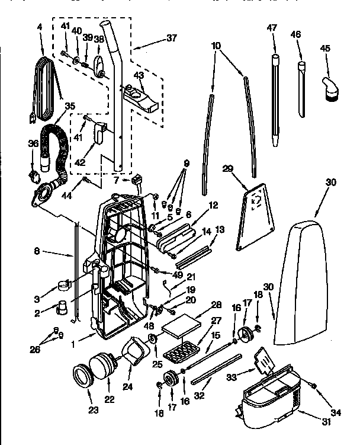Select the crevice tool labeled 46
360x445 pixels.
302,89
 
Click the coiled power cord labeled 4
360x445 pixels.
46,86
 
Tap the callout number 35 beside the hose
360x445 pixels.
70,107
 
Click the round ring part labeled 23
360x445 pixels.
81,376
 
